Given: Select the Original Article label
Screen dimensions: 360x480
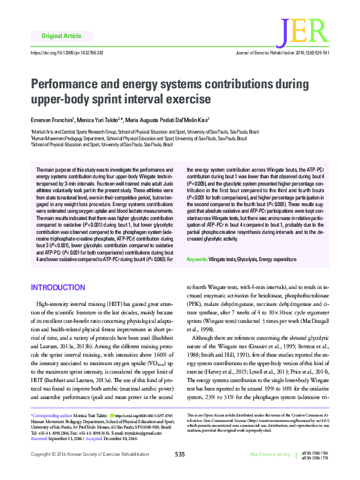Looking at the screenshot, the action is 59,37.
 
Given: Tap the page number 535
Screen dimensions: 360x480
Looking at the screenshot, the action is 180,470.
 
